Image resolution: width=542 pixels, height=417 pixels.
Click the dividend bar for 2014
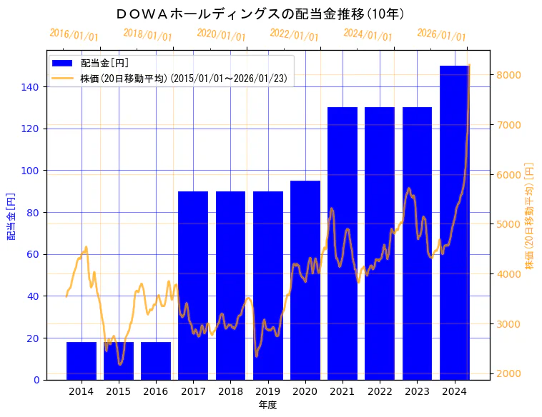(82, 361)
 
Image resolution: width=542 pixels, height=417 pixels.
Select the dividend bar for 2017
(193, 286)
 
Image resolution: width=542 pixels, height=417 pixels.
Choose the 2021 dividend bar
(343, 243)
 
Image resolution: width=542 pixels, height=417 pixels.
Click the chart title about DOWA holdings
(260, 14)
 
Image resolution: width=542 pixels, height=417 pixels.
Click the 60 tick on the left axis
(36, 254)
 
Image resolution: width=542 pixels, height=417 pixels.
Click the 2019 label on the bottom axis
(268, 391)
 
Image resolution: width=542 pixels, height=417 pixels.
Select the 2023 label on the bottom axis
(418, 391)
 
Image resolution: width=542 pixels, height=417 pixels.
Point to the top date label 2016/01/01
(74, 35)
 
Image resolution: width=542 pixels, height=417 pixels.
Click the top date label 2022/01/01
(294, 35)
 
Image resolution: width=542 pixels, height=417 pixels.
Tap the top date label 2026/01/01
(441, 35)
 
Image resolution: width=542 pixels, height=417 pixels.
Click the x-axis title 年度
(268, 405)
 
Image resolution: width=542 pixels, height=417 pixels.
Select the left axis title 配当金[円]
(11, 216)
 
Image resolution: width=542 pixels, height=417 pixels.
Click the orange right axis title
(530, 216)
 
